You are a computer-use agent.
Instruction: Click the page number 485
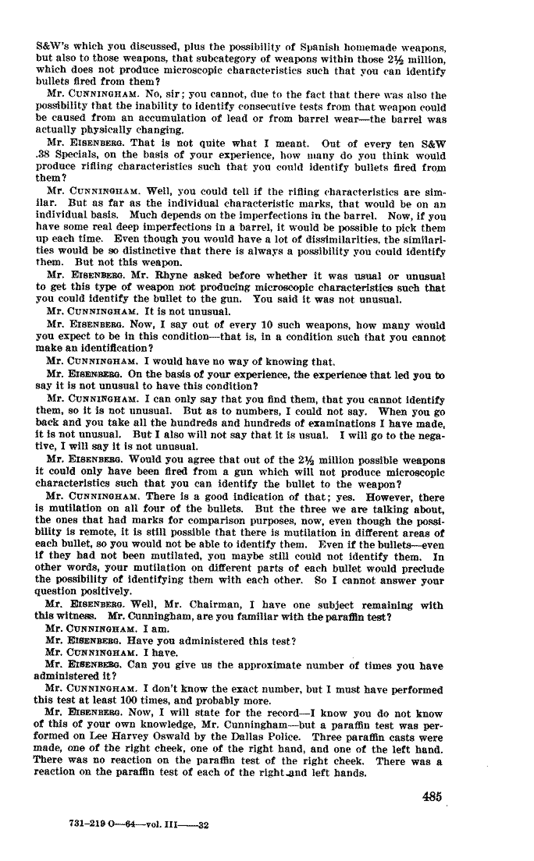[432, 796]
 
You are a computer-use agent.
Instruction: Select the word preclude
[421, 568]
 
